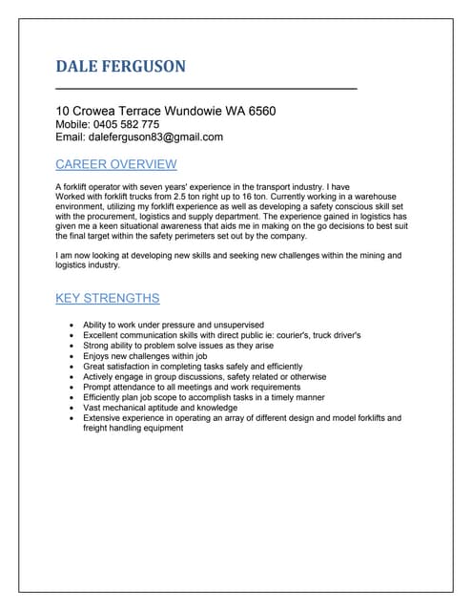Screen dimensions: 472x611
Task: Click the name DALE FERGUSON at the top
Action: pos(121,66)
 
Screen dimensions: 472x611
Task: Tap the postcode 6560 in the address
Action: pos(259,111)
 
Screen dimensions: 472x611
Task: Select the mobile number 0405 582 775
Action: pos(129,124)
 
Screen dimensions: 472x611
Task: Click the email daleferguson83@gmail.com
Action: pos(156,137)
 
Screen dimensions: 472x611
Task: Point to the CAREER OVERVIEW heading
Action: pos(116,164)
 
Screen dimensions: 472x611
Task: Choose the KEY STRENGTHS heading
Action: pos(108,299)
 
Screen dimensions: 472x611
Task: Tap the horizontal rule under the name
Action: pos(206,89)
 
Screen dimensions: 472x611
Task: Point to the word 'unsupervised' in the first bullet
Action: pos(236,326)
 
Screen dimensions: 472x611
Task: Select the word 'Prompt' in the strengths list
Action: pos(97,387)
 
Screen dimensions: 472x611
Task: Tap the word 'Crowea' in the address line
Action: pos(99,111)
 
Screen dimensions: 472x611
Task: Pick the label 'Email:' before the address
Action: pos(72,137)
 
